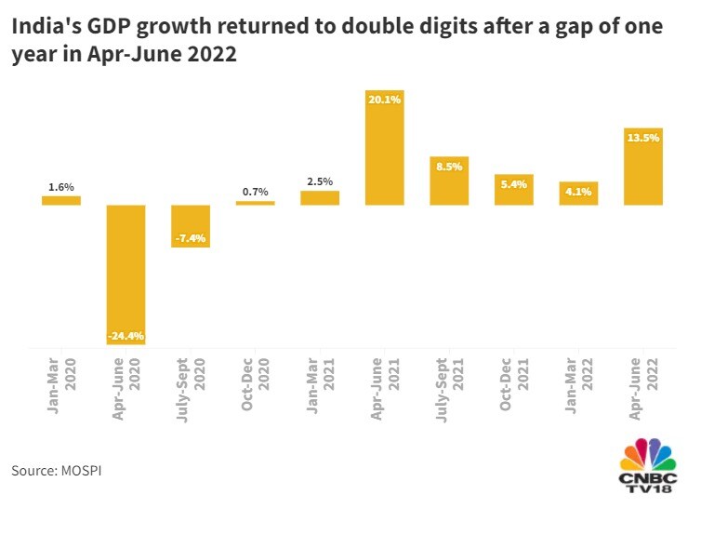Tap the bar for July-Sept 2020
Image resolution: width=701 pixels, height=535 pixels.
[190, 226]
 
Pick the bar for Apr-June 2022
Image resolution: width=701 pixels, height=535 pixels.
[643, 167]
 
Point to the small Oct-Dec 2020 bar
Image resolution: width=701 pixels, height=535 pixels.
[255, 203]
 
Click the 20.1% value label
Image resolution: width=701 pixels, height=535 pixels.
[385, 99]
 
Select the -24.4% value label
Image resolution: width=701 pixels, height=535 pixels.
[126, 336]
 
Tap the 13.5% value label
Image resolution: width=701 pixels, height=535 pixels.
[643, 138]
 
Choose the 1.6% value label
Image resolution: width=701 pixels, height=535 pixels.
[61, 187]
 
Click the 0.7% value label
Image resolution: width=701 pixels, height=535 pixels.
[255, 192]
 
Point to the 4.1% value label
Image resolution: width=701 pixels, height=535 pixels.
[578, 192]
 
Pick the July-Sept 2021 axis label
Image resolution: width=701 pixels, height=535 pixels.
[449, 384]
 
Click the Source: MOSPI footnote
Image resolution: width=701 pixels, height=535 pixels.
[56, 471]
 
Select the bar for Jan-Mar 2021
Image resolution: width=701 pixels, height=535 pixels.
[320, 197]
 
